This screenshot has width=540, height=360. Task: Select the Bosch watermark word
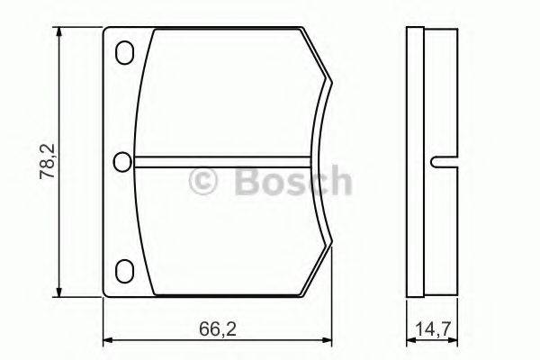point(291,182)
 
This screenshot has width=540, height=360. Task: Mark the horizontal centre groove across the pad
point(225,162)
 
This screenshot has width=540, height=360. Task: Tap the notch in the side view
point(438,162)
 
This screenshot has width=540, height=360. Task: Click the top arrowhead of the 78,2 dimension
point(60,33)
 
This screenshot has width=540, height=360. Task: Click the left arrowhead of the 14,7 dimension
point(411,340)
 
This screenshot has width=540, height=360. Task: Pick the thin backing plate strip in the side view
point(415,162)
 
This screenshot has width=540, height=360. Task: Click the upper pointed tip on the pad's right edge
point(332,86)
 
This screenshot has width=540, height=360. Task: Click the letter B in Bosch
point(246,182)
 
